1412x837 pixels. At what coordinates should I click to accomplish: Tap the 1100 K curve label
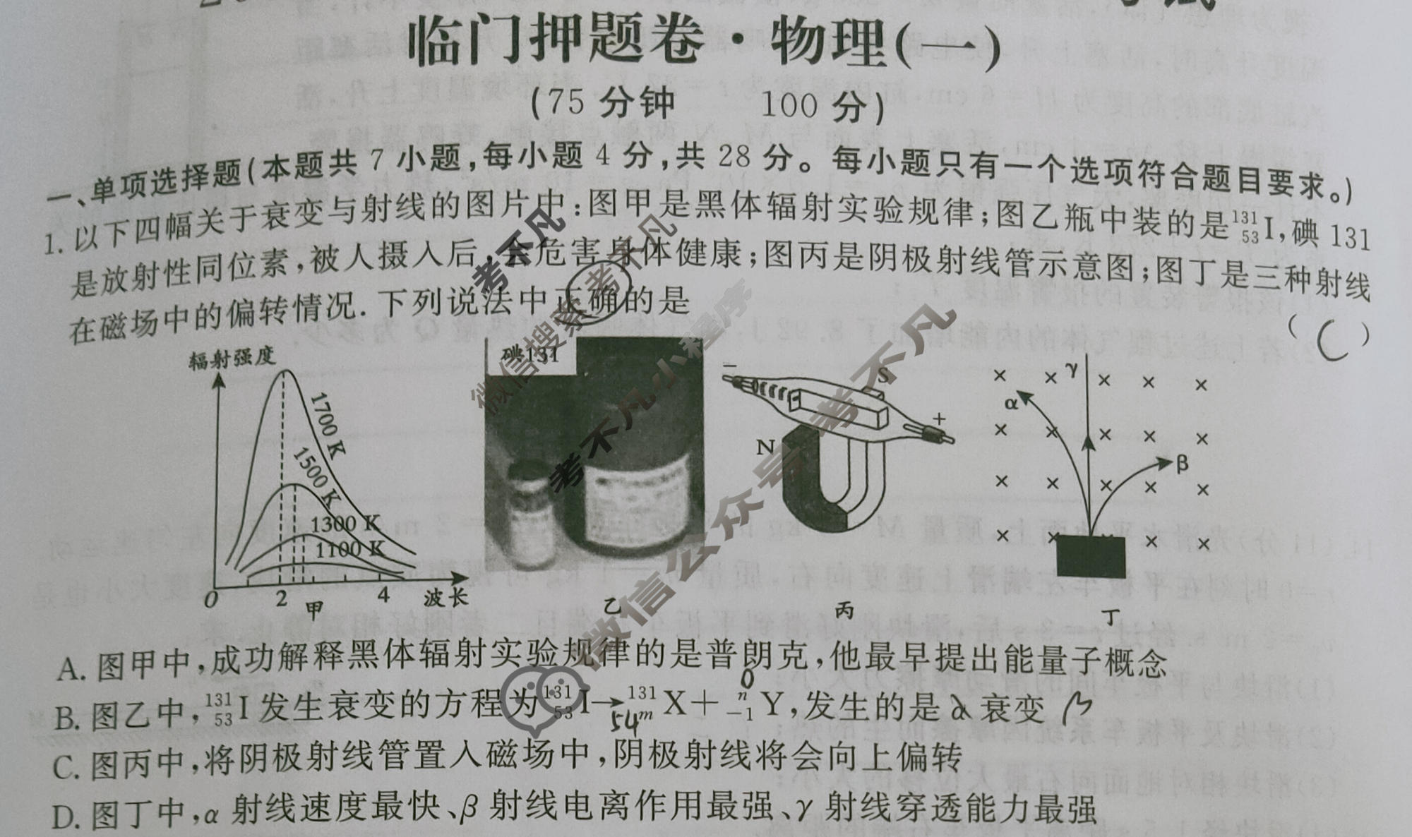pos(349,550)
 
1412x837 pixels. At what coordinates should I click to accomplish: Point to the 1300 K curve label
pos(345,524)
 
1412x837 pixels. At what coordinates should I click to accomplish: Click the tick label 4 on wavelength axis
pos(383,595)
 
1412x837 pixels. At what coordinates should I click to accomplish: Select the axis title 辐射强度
pos(231,359)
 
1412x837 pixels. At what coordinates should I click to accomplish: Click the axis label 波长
pos(445,598)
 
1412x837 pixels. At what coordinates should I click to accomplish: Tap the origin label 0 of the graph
pos(210,601)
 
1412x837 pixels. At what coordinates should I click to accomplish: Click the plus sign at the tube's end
pos(938,419)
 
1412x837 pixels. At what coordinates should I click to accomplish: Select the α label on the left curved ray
pos(1011,403)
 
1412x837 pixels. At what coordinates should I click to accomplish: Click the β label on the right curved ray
pos(1183,464)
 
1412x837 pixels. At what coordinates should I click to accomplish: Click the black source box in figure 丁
pos(1091,556)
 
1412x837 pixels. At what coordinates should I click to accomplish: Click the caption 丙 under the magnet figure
pos(844,610)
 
